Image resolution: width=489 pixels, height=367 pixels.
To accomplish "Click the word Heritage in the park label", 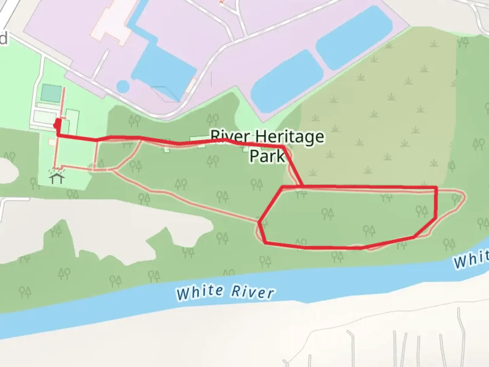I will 289,137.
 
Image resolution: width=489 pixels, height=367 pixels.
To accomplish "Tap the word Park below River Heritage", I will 267,156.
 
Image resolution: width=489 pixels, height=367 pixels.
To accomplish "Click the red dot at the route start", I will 57,125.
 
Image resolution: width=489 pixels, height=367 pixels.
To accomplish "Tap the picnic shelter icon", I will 57,178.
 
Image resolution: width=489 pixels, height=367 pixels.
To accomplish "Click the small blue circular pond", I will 123,86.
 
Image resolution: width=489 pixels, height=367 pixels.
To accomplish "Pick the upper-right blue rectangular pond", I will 354,36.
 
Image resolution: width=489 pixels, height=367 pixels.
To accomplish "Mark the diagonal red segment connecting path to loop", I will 293,167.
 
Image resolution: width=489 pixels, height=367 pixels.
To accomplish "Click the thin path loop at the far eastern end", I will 458,200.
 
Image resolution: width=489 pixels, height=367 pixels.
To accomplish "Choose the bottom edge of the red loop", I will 333,247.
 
